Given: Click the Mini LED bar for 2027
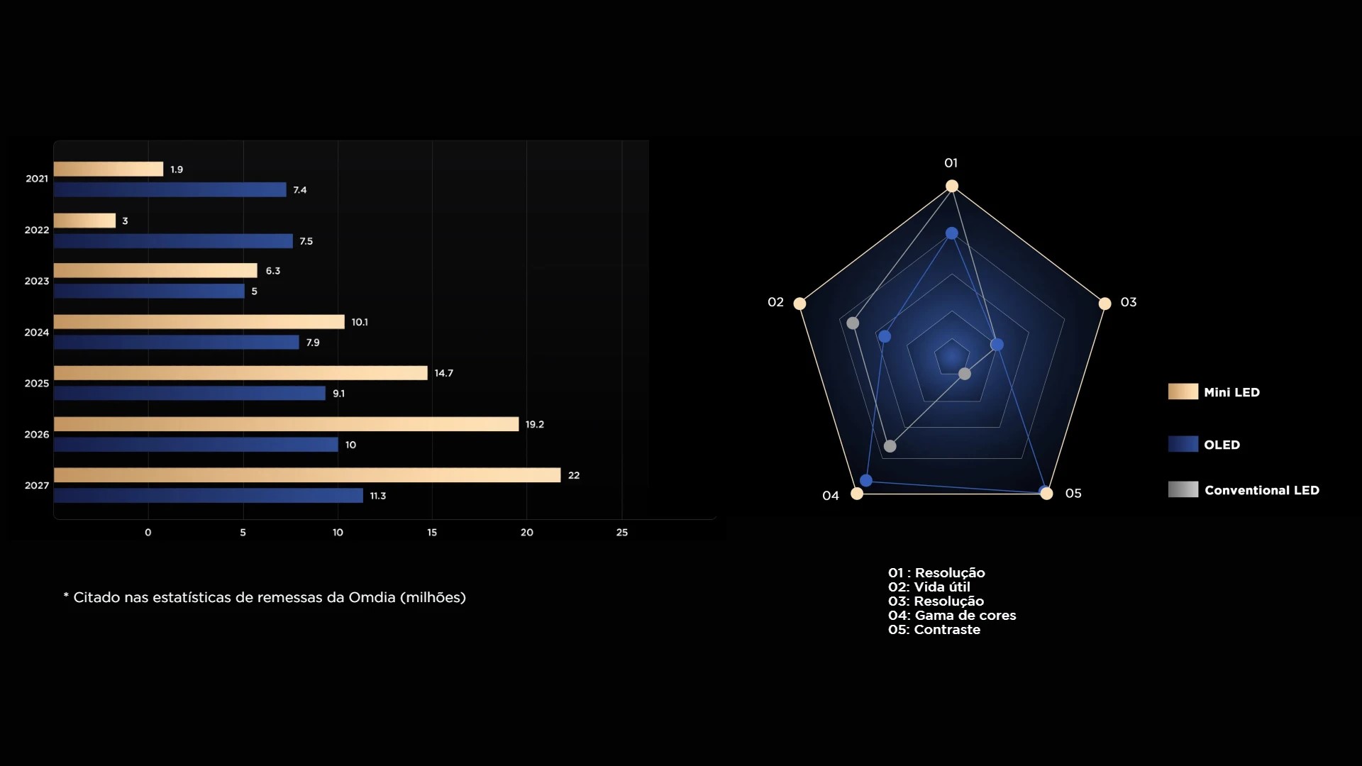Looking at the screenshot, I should [x=306, y=475].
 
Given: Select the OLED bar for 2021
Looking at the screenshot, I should [x=170, y=190].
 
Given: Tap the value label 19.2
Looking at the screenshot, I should [x=535, y=424].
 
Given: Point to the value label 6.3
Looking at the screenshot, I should [x=273, y=271].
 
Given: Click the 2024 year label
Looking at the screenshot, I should [x=37, y=333].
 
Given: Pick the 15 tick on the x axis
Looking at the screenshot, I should [x=432, y=533].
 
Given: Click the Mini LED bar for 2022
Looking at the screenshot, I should [x=84, y=221].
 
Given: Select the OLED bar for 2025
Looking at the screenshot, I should [x=189, y=394].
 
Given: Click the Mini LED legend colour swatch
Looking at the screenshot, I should [x=1183, y=392].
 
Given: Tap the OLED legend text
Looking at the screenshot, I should [x=1222, y=445].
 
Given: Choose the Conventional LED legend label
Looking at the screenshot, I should [x=1261, y=491].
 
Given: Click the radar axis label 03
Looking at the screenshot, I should [x=1129, y=302].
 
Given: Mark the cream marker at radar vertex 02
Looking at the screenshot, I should [x=799, y=304].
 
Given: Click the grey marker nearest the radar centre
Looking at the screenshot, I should [x=965, y=374].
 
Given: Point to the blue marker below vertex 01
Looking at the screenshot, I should [x=952, y=233].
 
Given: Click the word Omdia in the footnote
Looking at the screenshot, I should [x=372, y=598].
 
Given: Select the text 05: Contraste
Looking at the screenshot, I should [x=934, y=630].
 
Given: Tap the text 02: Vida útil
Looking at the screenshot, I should [x=929, y=587].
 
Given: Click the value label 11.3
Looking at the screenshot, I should [x=378, y=496].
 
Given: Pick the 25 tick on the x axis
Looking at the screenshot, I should [x=622, y=533].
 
